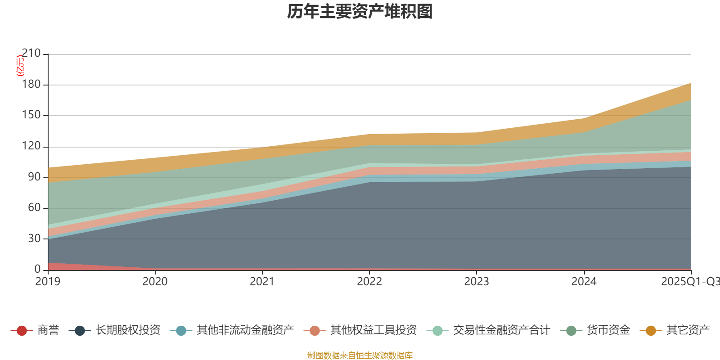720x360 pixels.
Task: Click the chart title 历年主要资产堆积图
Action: tap(360, 12)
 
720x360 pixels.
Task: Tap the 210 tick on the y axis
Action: tap(31, 54)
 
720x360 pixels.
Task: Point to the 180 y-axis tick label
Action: tap(31, 85)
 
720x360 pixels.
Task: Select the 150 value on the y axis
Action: tap(31, 115)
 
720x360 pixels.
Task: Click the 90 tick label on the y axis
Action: tap(34, 177)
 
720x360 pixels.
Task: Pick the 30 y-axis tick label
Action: tap(34, 238)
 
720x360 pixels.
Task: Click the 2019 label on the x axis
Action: tap(48, 282)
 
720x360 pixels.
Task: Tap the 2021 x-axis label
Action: tap(262, 282)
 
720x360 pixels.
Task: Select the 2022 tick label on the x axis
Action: tap(369, 282)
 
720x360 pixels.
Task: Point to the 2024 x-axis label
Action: tap(584, 282)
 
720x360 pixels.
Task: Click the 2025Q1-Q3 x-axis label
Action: tap(690, 282)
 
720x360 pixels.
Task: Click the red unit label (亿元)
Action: tap(20, 66)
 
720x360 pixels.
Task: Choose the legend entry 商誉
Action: tap(48, 330)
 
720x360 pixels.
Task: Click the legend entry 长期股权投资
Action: tap(127, 330)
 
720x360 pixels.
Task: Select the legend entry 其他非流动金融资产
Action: tap(245, 330)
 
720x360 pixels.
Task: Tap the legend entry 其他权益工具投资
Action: tap(373, 330)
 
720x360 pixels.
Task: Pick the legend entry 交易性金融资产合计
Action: tap(501, 330)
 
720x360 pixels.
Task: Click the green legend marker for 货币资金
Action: tap(571, 331)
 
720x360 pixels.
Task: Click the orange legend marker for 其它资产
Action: tap(651, 331)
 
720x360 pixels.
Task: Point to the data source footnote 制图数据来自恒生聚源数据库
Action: tap(360, 355)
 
